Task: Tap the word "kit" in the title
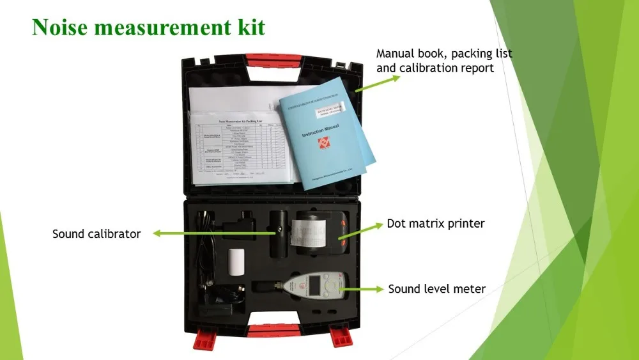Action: pos(251,27)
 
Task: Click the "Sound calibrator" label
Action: pos(96,234)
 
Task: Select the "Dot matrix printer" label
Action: pos(436,224)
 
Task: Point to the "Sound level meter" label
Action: pos(437,289)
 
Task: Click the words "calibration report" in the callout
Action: pos(435,68)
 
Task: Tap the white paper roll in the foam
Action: pos(236,262)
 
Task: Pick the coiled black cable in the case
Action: pos(204,256)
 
